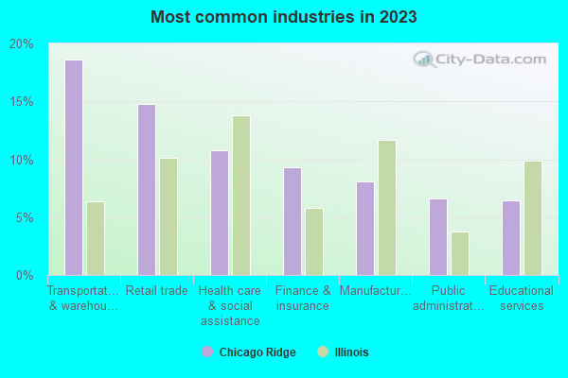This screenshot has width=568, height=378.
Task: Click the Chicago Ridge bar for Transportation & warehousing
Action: point(74,167)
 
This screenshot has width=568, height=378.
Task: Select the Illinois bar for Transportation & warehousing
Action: point(96,238)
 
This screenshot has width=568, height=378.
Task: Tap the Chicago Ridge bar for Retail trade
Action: point(147,189)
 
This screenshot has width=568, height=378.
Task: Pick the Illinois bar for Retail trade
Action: point(169,216)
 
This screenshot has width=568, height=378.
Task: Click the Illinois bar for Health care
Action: point(241,196)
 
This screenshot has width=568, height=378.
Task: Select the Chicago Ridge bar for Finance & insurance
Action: point(293,221)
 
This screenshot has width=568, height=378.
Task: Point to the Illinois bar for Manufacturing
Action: point(387,208)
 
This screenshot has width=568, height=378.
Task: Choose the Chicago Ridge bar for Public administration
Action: point(438,237)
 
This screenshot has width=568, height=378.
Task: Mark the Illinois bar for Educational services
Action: point(533,218)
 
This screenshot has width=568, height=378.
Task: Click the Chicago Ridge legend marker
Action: point(207,352)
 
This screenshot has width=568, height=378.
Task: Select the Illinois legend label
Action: point(350,352)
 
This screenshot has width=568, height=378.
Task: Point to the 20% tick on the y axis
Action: point(21,44)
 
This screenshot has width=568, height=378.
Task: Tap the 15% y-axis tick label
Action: point(21,102)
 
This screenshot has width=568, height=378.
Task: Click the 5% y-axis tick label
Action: point(24,218)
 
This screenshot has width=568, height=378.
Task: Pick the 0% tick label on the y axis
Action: point(24,276)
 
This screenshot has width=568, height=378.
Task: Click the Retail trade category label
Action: point(157,291)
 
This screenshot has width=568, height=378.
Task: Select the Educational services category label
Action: point(522,299)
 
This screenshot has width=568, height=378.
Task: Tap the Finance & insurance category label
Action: point(303,299)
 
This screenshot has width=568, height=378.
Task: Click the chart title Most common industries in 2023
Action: point(283,17)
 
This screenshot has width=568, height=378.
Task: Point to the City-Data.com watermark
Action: point(479,59)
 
